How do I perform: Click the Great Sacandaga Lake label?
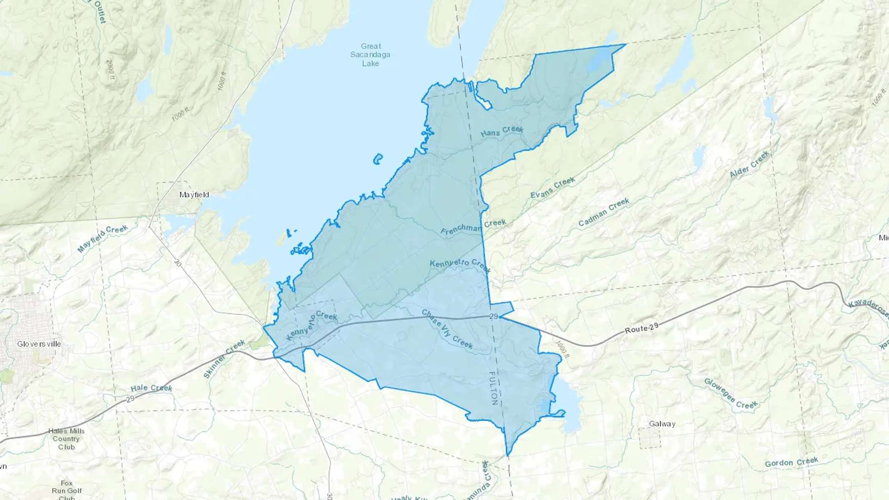click(370, 55)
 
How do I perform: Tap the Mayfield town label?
click(194, 195)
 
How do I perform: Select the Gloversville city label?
click(39, 344)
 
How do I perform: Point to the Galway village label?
click(662, 424)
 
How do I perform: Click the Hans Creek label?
click(502, 131)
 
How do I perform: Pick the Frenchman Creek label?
click(473, 228)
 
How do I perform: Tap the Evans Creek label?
click(553, 188)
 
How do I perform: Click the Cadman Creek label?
click(604, 212)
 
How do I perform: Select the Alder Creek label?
click(749, 165)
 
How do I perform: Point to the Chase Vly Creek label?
click(447, 329)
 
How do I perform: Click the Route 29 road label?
click(643, 329)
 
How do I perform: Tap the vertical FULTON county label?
click(493, 388)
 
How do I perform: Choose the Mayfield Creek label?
click(103, 239)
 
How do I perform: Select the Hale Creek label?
click(152, 388)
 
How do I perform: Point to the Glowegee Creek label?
click(730, 394)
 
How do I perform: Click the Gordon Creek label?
click(791, 462)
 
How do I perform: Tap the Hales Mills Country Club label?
click(66, 439)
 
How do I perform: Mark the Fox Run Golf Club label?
click(67, 491)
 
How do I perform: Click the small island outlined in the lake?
click(378, 159)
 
